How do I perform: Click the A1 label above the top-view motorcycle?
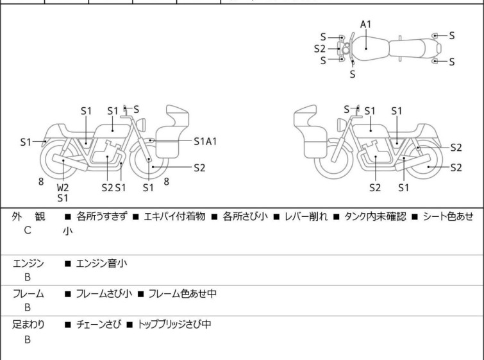[365, 24]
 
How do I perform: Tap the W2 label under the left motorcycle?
[63, 187]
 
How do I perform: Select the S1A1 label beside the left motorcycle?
[205, 141]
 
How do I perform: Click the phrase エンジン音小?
[101, 262]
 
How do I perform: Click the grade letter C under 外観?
[28, 230]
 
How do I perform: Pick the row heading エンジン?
[28, 262]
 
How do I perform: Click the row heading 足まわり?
[28, 325]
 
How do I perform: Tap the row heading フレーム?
[28, 294]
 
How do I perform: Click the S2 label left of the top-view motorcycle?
[320, 48]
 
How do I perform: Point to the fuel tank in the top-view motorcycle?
[366, 46]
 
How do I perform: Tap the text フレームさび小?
[104, 294]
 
